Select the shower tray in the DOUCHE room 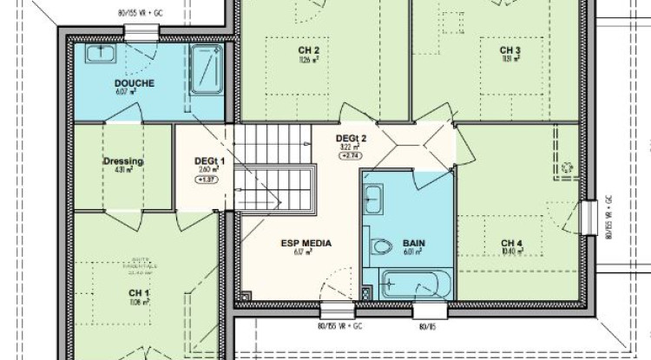(205, 69)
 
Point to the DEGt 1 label (209, 161)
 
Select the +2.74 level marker (352, 156)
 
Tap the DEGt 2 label (352, 138)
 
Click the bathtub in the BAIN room (411, 285)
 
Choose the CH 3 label (510, 50)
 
